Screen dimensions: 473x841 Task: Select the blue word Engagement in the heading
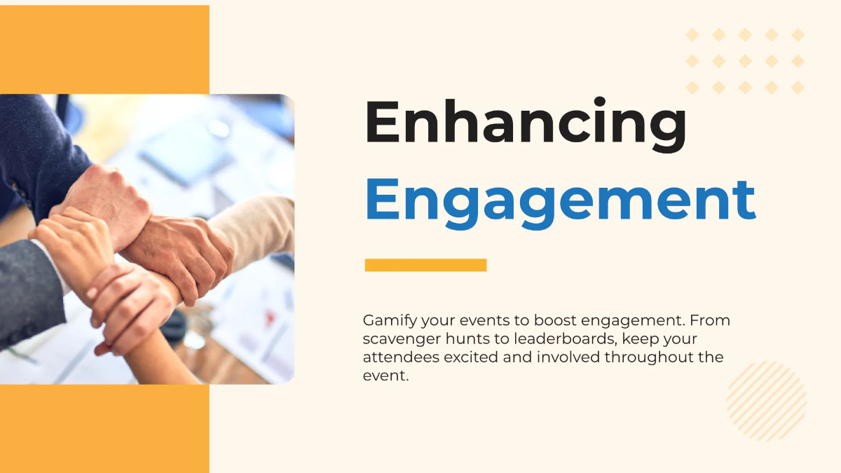(x=560, y=199)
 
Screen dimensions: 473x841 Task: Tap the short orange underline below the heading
(x=425, y=265)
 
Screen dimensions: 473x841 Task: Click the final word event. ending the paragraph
(x=385, y=376)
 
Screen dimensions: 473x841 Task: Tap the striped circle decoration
(x=767, y=401)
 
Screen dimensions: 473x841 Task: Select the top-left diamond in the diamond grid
(x=692, y=35)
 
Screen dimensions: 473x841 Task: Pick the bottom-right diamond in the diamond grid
(x=798, y=88)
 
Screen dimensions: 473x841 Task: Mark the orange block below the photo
(x=104, y=427)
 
